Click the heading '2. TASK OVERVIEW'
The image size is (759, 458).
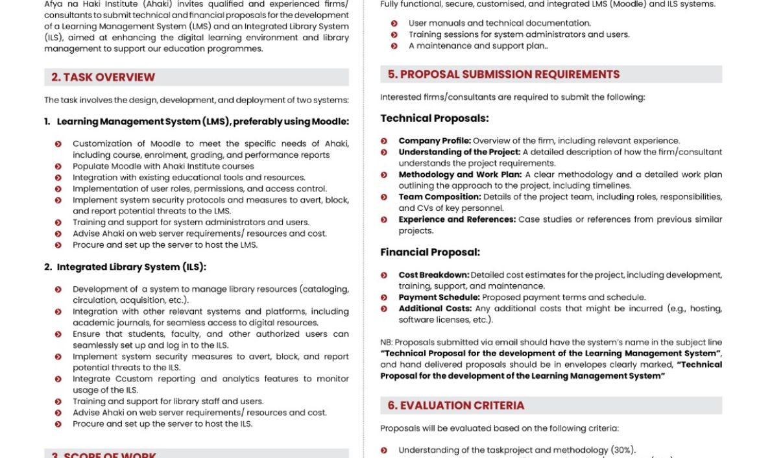click(x=103, y=77)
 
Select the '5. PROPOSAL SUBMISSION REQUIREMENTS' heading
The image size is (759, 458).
click(x=503, y=74)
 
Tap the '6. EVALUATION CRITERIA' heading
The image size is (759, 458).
click(x=456, y=405)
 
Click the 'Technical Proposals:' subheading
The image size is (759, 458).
click(x=435, y=118)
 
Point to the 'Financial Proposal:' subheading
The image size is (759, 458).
click(x=430, y=252)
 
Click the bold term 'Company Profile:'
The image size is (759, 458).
click(x=435, y=141)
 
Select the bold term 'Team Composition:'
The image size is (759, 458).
click(x=440, y=197)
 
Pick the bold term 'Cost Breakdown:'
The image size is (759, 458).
click(x=433, y=275)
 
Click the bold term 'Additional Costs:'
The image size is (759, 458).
click(x=435, y=309)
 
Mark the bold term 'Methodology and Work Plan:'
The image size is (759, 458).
click(x=460, y=175)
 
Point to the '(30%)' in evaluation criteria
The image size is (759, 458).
click(x=623, y=450)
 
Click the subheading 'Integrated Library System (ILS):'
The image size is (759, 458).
click(x=132, y=267)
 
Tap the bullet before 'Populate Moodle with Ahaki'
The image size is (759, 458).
click(x=58, y=167)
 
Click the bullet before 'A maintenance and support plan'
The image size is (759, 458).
click(x=394, y=46)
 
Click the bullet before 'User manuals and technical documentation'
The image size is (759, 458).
click(x=394, y=23)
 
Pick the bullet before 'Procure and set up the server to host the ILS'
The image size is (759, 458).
click(x=58, y=424)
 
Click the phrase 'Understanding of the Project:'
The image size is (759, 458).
click(x=459, y=152)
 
